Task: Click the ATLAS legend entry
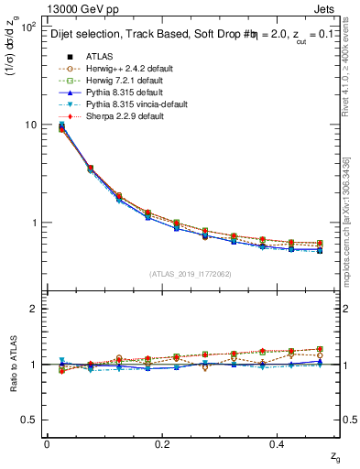click(x=99, y=56)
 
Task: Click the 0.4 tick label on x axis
click(x=280, y=442)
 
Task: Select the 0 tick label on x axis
click(x=47, y=442)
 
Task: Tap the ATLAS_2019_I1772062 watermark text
click(x=190, y=274)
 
